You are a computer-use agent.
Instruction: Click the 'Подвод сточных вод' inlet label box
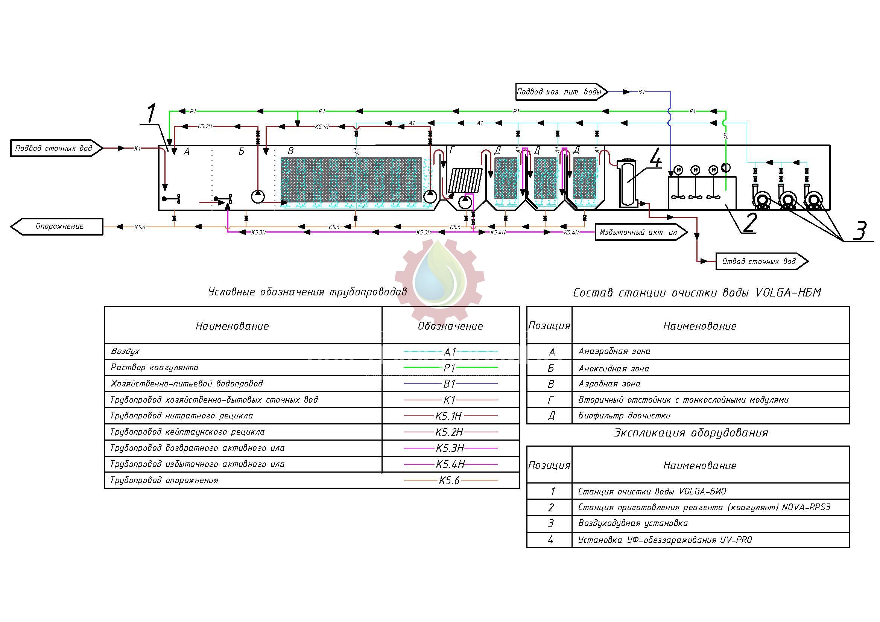coord(54,148)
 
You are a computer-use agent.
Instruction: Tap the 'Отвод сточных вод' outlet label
coord(758,262)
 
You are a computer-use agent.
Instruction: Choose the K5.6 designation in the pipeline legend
coord(449,481)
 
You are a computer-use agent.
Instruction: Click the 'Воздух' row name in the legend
coord(125,351)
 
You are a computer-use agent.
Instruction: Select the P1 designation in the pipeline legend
coord(449,368)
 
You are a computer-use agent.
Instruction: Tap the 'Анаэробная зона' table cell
coord(614,351)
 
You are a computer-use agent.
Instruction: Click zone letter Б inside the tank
coord(241,152)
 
